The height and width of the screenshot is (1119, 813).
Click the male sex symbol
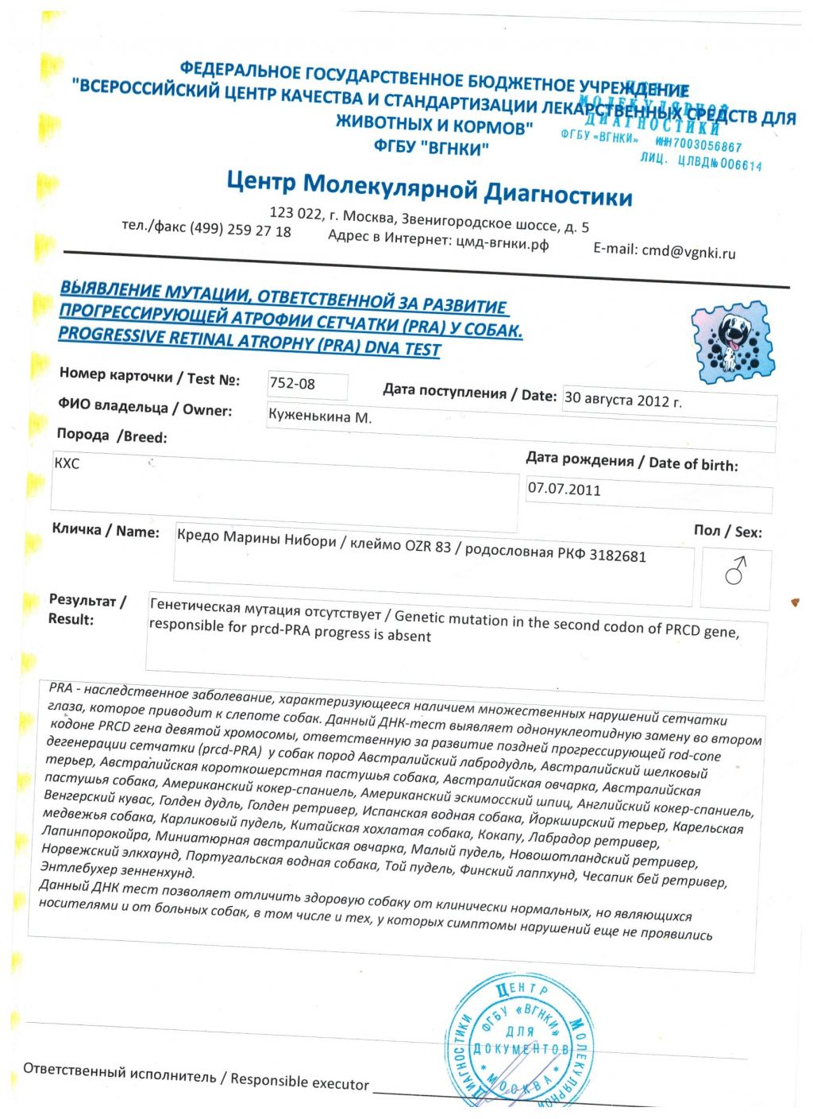[x=736, y=570]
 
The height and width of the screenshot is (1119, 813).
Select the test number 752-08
[x=292, y=384]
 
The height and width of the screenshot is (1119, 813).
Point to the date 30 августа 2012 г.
[x=622, y=400]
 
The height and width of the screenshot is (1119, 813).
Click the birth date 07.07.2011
[x=564, y=489]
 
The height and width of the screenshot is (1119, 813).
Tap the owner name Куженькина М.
[x=320, y=416]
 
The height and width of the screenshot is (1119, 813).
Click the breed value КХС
[x=67, y=463]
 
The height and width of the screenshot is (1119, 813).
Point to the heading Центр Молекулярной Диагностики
[x=430, y=188]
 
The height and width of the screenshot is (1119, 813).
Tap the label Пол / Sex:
[x=727, y=531]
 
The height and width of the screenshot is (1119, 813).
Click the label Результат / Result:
[x=87, y=610]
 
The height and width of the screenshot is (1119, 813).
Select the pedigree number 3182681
[x=617, y=556]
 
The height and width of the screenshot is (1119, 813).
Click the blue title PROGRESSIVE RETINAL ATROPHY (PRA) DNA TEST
[x=249, y=342]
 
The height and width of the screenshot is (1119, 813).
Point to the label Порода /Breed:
[x=112, y=436]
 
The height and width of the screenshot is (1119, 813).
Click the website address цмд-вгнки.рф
[x=502, y=242]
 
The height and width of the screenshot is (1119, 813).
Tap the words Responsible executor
[x=299, y=1081]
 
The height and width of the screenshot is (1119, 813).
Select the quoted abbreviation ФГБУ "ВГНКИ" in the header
[x=431, y=147]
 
